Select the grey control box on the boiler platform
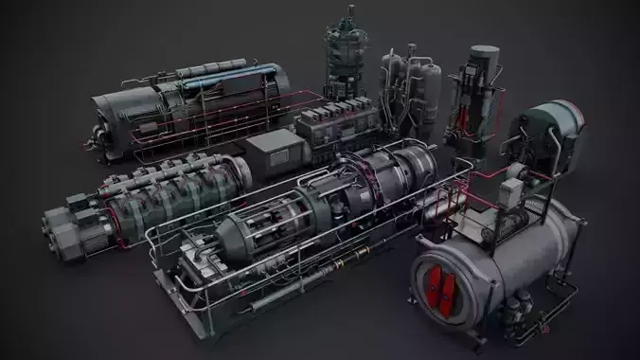point(511,194)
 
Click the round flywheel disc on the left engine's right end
point(240,171)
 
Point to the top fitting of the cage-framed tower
point(349,13)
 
